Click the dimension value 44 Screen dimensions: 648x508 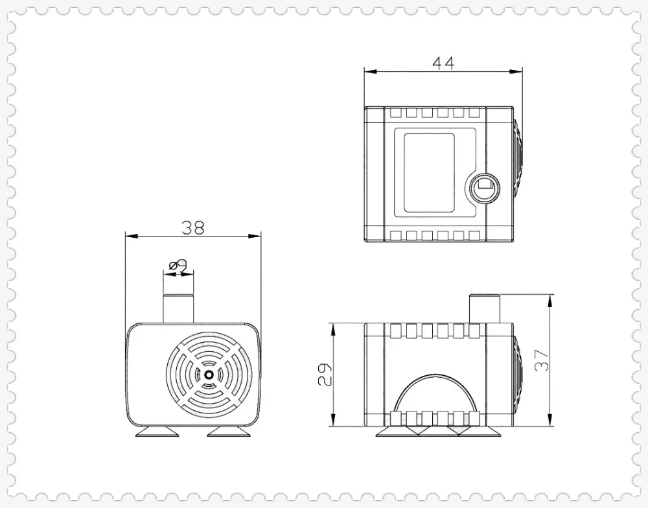[443, 63]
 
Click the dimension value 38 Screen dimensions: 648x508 [193, 227]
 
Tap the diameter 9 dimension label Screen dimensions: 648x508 [178, 265]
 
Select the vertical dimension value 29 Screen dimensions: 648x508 [325, 374]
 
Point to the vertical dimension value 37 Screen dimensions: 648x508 [541, 360]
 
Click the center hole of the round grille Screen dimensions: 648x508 [209, 375]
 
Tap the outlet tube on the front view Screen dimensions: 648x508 [178, 308]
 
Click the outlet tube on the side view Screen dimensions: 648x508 [485, 308]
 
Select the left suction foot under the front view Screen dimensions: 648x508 [157, 432]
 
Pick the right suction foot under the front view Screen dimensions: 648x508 [229, 432]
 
